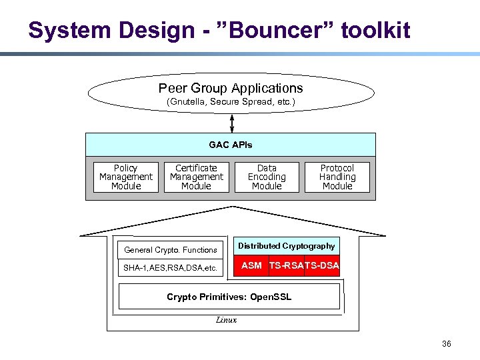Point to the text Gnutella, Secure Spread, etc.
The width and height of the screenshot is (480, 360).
coord(231,103)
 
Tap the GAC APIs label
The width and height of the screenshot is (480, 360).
coord(231,145)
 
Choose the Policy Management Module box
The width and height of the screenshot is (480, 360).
coord(126,177)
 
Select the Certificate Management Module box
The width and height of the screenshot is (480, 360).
coord(196,177)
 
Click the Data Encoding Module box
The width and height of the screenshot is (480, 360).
coord(267,177)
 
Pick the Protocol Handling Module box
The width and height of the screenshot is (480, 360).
coord(337,177)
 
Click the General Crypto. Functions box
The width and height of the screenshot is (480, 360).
coord(171,250)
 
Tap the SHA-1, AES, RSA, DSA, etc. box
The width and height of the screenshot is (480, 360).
coord(171,268)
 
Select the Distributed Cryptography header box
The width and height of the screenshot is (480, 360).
coord(287,246)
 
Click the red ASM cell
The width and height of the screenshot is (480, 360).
coord(251,265)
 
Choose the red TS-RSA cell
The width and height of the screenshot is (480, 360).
coord(286,265)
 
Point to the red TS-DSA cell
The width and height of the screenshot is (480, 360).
coord(322,265)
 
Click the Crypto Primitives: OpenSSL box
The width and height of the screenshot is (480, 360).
coord(229,297)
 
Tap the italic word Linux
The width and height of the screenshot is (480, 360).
coord(226,320)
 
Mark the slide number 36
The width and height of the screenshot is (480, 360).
coord(446,344)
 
